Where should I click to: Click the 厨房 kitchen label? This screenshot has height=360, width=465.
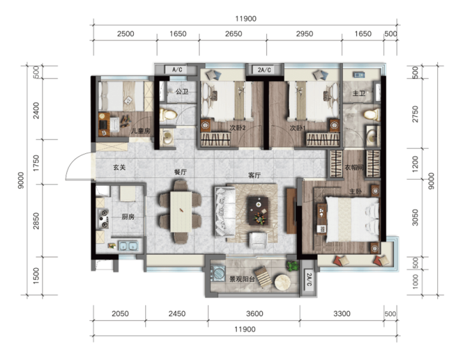[x=128, y=217]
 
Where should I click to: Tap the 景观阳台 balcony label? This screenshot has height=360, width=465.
[x=243, y=279]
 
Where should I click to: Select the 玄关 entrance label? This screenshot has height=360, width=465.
[x=119, y=168]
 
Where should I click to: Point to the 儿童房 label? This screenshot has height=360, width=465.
[x=141, y=131]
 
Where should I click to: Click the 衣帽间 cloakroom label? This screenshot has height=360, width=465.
[x=354, y=168]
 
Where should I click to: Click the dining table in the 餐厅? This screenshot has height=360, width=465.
[x=181, y=212]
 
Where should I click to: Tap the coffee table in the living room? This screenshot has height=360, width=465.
[x=258, y=211]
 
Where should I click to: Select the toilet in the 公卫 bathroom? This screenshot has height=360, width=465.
[x=168, y=114]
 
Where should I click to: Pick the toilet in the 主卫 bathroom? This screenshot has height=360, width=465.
[x=372, y=114]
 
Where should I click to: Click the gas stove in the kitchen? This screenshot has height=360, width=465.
[x=103, y=219]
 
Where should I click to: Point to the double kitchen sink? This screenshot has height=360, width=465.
[x=128, y=246]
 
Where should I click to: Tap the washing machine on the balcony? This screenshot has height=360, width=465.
[x=218, y=273]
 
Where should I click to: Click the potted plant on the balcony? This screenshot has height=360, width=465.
[x=293, y=265]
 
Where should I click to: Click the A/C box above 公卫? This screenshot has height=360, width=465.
[x=177, y=70]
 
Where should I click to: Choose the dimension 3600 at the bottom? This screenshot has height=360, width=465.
[x=254, y=314]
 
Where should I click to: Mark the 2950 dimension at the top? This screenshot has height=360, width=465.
[x=305, y=34]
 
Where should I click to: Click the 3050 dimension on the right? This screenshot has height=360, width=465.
[x=415, y=217]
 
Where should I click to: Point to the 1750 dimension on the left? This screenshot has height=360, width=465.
[x=36, y=163]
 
